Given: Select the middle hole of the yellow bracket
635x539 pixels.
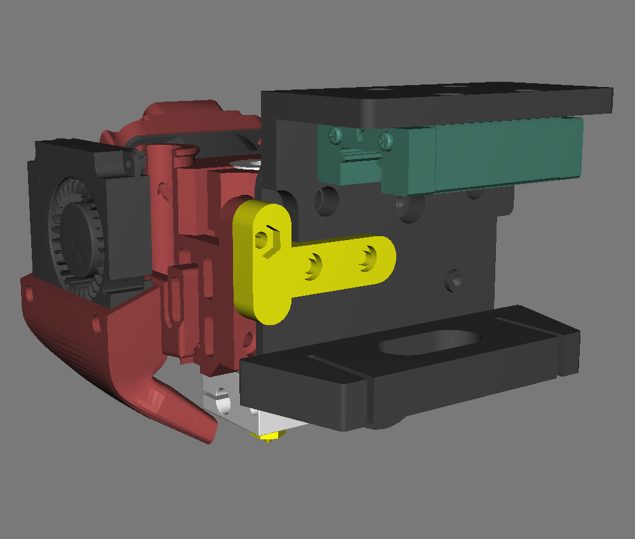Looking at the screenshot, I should pyautogui.click(x=313, y=264).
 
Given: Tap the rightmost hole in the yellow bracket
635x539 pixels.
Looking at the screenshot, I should pyautogui.click(x=368, y=258).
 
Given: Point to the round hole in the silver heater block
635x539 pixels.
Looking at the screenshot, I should pyautogui.click(x=222, y=401).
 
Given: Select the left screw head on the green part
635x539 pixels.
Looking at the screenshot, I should pyautogui.click(x=335, y=134).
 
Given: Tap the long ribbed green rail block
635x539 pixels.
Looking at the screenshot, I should pyautogui.click(x=508, y=154).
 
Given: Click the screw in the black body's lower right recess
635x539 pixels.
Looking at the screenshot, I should pyautogui.click(x=454, y=279).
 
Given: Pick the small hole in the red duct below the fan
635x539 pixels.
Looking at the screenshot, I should pyautogui.click(x=96, y=324).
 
